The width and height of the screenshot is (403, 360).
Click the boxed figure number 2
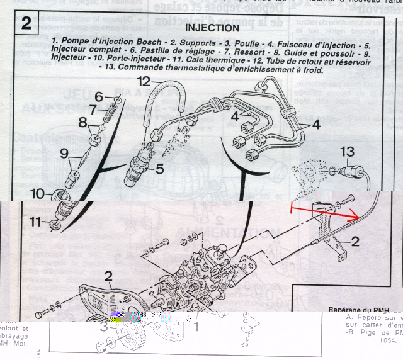coord(26,23)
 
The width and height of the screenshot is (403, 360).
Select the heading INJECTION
coord(212,28)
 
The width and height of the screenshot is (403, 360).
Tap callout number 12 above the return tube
coord(144,81)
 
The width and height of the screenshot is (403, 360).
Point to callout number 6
coord(99,96)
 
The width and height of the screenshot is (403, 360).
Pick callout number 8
coord(82,123)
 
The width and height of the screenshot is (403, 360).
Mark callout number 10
coord(38,194)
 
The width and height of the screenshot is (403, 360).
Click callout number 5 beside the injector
coord(159,169)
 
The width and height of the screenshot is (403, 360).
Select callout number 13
coord(348,151)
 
